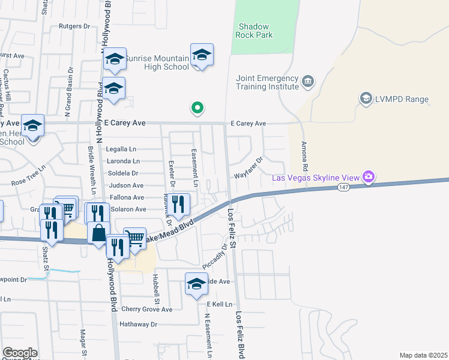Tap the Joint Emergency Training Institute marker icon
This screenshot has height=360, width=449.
click(308, 80)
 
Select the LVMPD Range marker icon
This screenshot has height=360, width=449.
click(364, 98)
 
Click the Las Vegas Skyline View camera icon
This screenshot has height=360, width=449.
click(368, 177)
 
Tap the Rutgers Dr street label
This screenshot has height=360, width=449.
click(74, 26)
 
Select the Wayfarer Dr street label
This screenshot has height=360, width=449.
click(249, 169)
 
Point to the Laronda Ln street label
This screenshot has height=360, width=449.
click(123, 161)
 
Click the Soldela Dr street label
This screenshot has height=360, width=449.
click(124, 173)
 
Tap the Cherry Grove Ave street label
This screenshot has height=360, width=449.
click(146, 310)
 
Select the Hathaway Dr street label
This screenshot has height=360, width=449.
click(137, 324)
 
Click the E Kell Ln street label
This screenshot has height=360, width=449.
click(220, 304)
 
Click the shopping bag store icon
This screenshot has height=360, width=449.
click(99, 233)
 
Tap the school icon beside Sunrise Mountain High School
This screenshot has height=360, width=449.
click(202, 56)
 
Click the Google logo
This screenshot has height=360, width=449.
click(20, 353)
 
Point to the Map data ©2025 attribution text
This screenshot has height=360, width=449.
click(423, 355)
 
